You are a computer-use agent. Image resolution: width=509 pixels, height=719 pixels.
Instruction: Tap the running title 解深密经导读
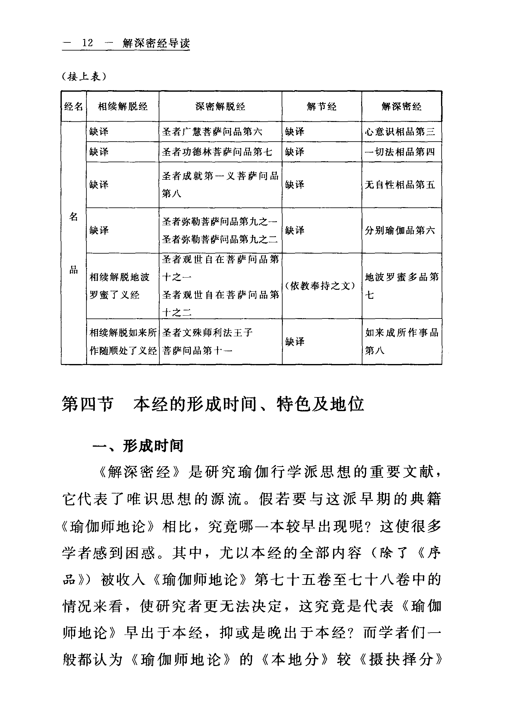point(156,43)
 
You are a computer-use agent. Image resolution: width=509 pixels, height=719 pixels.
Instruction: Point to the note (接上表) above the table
point(84,76)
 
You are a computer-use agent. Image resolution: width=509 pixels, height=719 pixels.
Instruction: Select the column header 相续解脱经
point(123,107)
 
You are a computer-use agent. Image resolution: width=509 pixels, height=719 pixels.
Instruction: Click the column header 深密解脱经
point(220,107)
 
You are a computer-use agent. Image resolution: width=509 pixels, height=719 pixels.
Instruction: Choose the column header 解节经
point(322,107)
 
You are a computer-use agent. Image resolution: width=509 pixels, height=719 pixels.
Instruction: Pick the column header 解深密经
point(401,107)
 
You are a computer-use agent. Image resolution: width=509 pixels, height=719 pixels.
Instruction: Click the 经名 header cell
point(73,107)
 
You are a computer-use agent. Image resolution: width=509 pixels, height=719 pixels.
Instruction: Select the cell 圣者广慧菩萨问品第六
point(212,132)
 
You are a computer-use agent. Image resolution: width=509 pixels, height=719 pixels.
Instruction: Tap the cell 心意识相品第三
point(400,132)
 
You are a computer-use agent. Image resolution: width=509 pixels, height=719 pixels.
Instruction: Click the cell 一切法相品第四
point(400,152)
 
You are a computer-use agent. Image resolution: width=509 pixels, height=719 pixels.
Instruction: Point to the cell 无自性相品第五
point(400,185)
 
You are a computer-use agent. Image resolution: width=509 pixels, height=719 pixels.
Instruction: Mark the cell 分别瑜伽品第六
point(400,231)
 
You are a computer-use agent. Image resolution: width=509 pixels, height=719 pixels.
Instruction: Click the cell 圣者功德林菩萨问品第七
point(217,152)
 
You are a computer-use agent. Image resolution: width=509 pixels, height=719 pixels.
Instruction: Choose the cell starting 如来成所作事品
point(401,341)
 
